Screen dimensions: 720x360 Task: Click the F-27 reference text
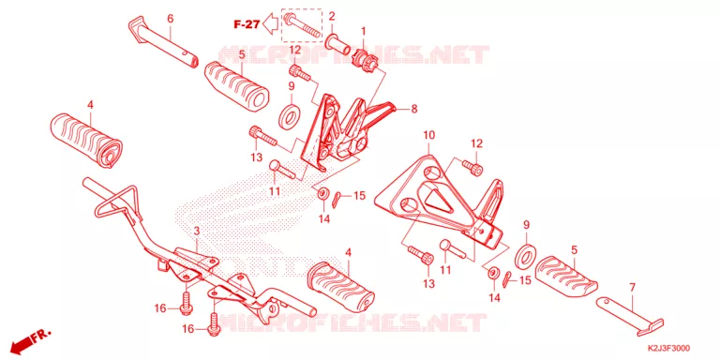click(x=247, y=24)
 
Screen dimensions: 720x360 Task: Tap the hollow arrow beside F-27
click(x=271, y=23)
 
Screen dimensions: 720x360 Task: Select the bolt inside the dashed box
click(x=301, y=26)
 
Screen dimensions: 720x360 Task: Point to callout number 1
click(x=363, y=32)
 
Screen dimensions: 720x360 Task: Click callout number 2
click(x=332, y=17)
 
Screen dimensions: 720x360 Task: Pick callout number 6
click(x=170, y=19)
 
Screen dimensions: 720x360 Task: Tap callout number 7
click(x=632, y=288)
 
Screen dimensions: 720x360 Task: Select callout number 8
click(x=414, y=109)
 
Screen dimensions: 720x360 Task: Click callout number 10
click(x=428, y=135)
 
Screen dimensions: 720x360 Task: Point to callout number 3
click(x=197, y=231)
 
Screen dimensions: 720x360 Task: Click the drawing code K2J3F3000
click(x=668, y=349)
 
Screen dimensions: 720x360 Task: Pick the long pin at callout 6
click(x=163, y=43)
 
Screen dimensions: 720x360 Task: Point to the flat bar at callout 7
click(x=630, y=312)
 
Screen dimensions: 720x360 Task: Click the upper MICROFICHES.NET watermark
click(x=352, y=54)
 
